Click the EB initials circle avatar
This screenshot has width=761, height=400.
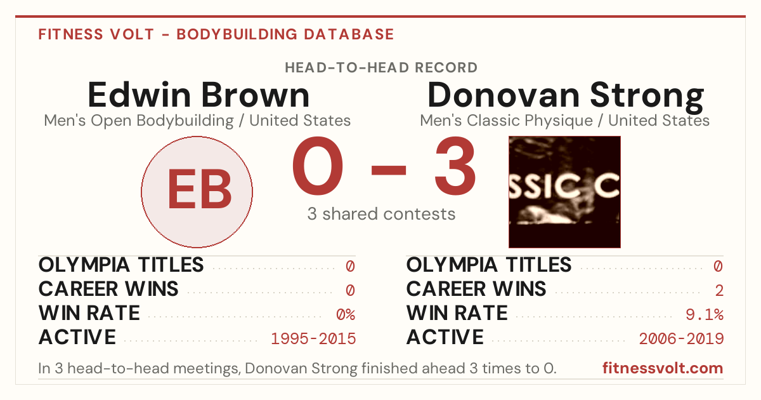pos(197,192)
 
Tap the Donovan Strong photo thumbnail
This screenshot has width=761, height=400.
pos(564,192)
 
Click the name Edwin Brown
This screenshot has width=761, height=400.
pos(198,95)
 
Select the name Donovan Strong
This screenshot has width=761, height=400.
pos(566,97)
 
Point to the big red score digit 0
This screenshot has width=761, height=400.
pos(318,166)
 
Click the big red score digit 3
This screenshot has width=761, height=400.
pos(455,166)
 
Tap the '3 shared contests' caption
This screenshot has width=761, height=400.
pos(381,214)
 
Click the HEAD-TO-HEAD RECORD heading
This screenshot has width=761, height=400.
pos(381,67)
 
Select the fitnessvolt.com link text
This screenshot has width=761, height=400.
pos(663,368)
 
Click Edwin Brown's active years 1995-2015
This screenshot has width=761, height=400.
pos(313,338)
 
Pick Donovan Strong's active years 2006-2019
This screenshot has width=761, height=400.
pos(681,338)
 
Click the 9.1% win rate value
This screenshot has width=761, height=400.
pos(705,314)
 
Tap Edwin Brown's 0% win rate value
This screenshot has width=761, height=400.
pos(346,314)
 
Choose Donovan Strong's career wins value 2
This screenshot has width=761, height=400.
pos(719,290)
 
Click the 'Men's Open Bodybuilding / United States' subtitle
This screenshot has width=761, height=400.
pos(197,121)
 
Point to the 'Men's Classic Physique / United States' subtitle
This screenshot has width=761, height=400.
pos(564,121)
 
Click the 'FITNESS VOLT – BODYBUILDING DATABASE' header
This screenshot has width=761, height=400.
pos(216,34)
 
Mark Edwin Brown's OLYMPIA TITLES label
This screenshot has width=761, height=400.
pos(121,265)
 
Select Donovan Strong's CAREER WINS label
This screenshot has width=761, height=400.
pos(476,289)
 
